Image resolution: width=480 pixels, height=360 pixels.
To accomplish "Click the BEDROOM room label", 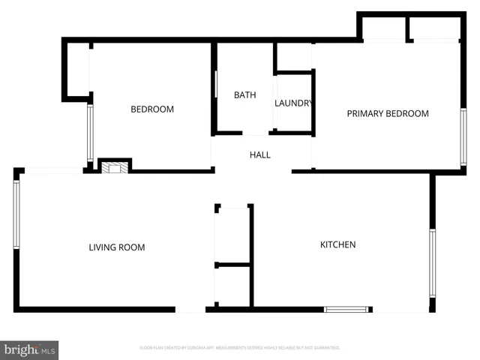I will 152,109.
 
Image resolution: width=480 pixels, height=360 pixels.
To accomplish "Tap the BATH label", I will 244,95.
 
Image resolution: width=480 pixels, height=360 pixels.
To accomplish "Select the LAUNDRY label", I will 293,103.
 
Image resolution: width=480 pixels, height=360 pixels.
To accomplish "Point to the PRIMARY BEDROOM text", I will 387,114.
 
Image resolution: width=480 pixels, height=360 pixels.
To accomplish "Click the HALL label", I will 259,155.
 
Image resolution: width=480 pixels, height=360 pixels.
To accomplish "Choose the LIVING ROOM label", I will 117,247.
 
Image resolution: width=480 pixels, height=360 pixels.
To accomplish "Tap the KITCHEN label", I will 337,244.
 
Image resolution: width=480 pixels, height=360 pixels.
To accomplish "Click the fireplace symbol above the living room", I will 115,167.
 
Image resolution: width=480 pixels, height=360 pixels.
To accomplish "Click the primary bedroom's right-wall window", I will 463,136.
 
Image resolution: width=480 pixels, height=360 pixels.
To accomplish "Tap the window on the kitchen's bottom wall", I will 346,309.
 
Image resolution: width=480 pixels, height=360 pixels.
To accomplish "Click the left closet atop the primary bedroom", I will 383,28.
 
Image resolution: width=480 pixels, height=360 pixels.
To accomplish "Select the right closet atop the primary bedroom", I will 434,28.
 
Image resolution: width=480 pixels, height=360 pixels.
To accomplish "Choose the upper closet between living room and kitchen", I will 232,234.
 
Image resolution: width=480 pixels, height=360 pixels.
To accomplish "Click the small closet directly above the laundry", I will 293,56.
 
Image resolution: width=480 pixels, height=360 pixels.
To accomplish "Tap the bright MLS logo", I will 30,349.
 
